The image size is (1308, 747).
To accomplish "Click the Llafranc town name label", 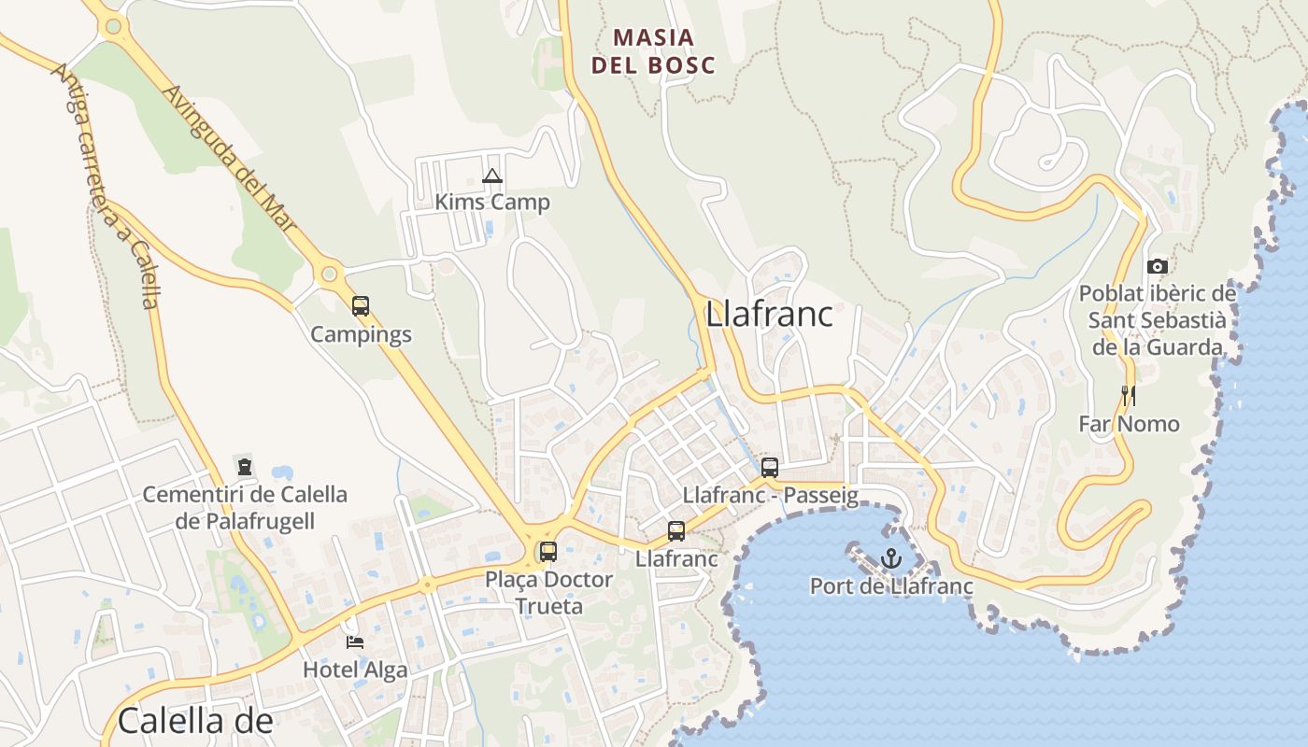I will pyautogui.click(x=769, y=315).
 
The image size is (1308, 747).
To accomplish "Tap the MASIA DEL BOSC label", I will pyautogui.click(x=653, y=51).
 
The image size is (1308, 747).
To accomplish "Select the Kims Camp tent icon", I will pyautogui.click(x=492, y=176).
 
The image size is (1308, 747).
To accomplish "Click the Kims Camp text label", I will pyautogui.click(x=492, y=202).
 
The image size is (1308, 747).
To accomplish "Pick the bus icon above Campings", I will pyautogui.click(x=361, y=305).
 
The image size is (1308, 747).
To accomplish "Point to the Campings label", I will pyautogui.click(x=361, y=334).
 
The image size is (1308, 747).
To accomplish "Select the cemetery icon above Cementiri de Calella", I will pyautogui.click(x=245, y=466).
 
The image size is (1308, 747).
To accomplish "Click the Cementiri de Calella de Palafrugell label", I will pyautogui.click(x=245, y=507).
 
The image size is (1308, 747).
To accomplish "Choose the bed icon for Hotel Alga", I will pyautogui.click(x=355, y=641).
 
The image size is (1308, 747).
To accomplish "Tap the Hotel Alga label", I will pyautogui.click(x=355, y=669).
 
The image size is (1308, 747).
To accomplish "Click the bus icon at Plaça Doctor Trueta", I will pyautogui.click(x=548, y=551).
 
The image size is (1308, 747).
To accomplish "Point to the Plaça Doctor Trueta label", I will pyautogui.click(x=548, y=592).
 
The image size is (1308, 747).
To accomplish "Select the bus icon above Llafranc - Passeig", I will pyautogui.click(x=769, y=468).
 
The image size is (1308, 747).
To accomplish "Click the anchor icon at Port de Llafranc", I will pyautogui.click(x=890, y=558).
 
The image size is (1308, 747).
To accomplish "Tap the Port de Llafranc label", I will pyautogui.click(x=890, y=586).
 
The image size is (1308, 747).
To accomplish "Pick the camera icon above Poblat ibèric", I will pyautogui.click(x=1158, y=266).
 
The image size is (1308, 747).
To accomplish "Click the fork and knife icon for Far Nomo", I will pyautogui.click(x=1129, y=396).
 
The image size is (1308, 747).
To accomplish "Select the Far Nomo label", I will pyautogui.click(x=1129, y=424).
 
